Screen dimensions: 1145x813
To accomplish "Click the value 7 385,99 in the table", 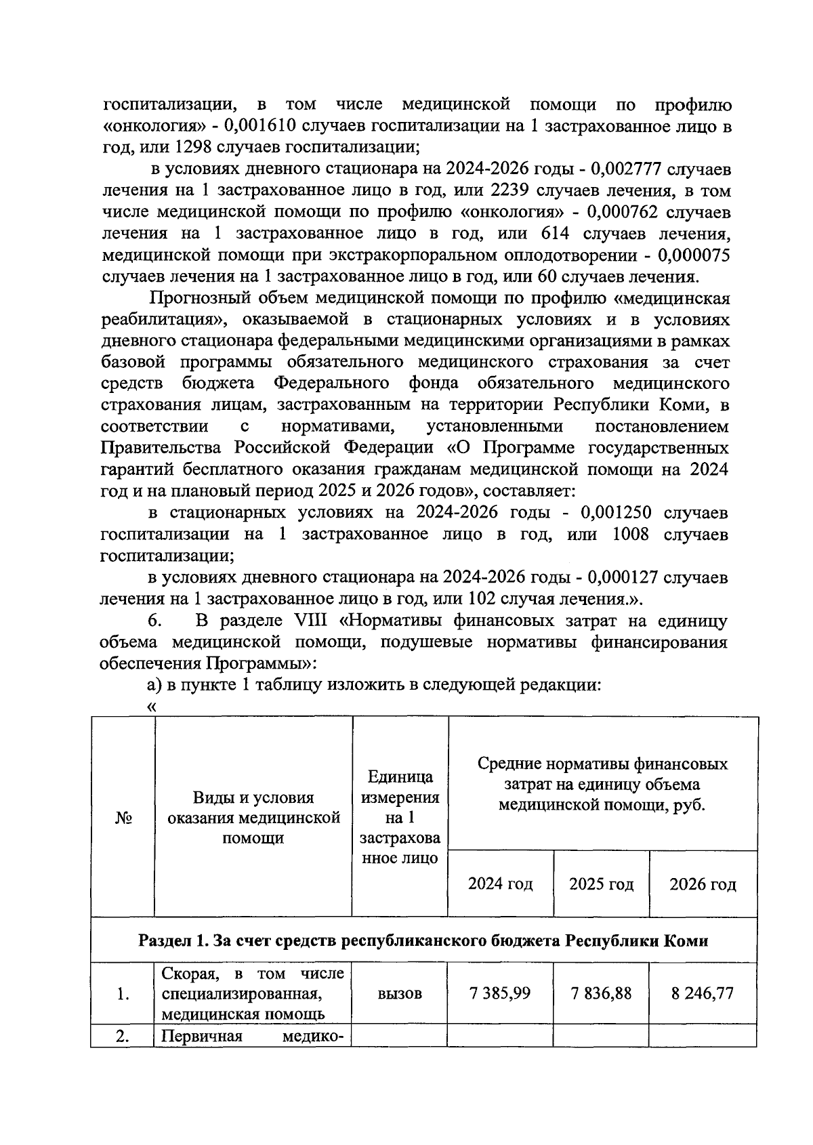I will coord(500,993).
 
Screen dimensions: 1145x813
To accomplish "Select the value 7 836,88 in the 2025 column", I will coord(601,993).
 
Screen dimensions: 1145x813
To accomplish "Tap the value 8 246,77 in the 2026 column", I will coord(703,993).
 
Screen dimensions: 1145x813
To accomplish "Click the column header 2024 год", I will coord(500,883).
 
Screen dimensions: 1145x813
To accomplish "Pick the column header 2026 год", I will coord(703,883).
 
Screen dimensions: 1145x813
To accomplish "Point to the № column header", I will coord(123,818).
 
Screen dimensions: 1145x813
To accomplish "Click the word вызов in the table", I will coord(399,993).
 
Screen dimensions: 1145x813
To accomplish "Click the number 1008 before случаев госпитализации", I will coord(630,535).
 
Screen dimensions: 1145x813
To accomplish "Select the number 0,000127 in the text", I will coord(624,577).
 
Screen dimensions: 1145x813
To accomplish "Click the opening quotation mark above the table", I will coord(151,706).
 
